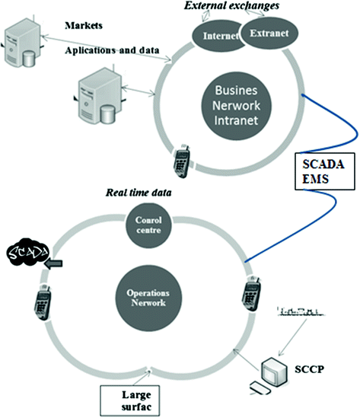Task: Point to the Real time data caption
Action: point(136,193)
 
